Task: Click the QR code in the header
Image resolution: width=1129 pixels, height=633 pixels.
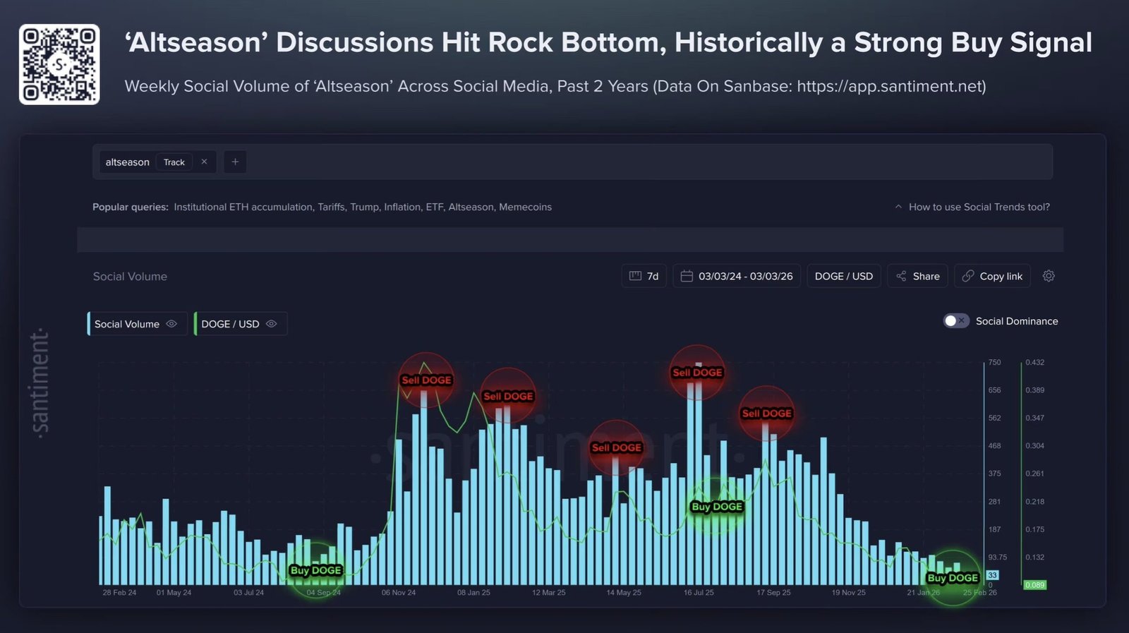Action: coord(59,64)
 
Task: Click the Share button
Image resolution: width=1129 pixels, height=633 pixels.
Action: coord(918,276)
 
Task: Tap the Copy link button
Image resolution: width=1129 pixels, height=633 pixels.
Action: coord(992,276)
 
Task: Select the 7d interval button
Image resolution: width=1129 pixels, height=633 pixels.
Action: coord(644,276)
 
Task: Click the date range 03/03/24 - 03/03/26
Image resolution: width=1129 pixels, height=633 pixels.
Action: coord(737,276)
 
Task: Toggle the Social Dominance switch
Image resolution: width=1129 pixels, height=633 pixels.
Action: coord(956,321)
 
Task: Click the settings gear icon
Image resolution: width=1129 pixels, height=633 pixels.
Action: coord(1049,276)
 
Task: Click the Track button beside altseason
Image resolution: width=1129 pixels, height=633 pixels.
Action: coord(174,162)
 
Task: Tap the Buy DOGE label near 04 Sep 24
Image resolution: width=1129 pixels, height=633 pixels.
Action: coord(316,570)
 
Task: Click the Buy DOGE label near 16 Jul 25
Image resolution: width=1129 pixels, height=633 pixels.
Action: coord(717,507)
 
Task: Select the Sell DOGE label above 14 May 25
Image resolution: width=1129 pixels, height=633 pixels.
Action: coord(617,447)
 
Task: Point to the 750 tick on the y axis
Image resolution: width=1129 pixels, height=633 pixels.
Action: coord(994,362)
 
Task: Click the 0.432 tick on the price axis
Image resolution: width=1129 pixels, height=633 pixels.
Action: coord(1034,362)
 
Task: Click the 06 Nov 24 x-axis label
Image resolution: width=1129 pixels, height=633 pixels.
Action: coord(399,593)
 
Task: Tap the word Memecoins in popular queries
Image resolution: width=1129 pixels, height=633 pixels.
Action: coord(525,207)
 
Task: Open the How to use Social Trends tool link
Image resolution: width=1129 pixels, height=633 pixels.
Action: coord(978,207)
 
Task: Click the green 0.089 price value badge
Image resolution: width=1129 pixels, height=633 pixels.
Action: coord(1034,585)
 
